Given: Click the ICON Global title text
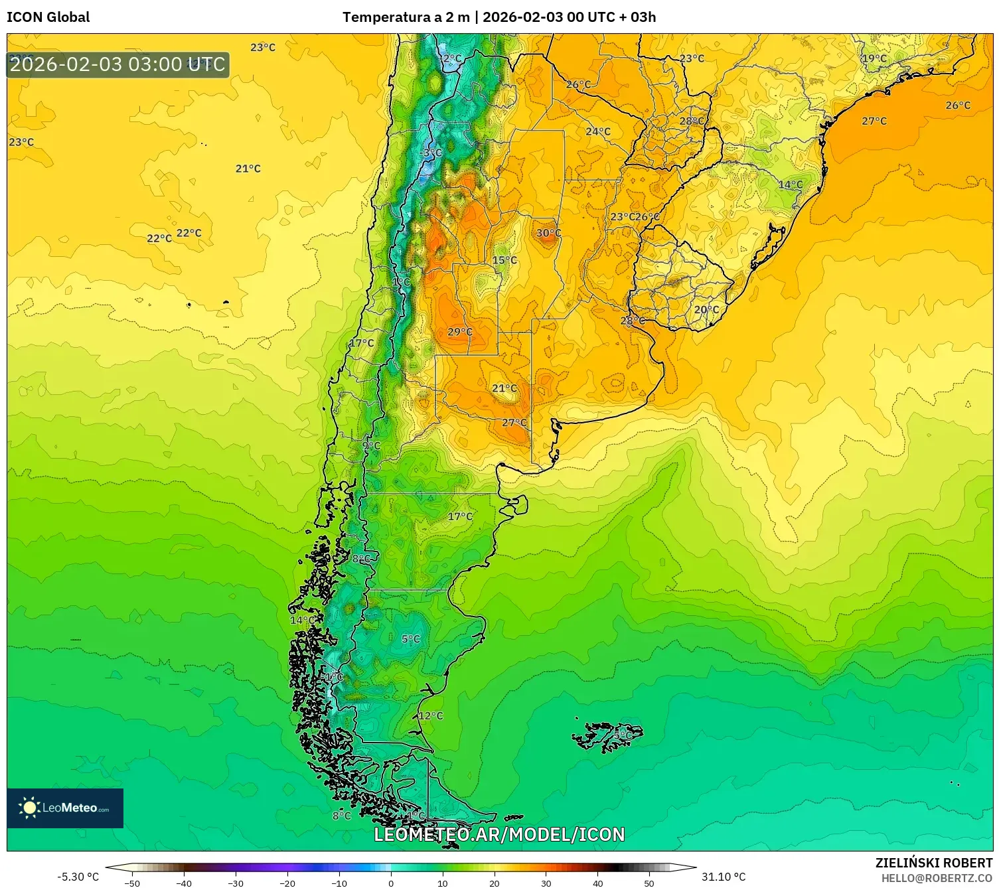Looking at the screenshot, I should point(48,17).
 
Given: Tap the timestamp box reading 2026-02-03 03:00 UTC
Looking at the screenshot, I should point(118,65).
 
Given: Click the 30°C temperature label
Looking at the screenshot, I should point(549,233).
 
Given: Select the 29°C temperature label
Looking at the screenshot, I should point(460,332).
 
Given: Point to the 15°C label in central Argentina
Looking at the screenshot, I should point(504,260).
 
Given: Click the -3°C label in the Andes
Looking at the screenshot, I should point(431,153).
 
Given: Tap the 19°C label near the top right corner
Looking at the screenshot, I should point(874,58).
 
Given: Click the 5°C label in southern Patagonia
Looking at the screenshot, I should point(411,639).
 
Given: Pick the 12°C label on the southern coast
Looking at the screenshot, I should point(431,715).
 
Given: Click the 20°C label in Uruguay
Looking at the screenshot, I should point(706,310).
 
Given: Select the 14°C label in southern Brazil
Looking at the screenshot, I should point(791,185).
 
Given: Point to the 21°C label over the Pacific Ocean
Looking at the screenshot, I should point(248,169).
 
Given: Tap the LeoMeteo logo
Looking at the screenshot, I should point(65,808).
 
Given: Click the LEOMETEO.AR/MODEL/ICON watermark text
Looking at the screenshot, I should point(499,834).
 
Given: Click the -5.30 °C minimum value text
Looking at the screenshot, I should point(78,877).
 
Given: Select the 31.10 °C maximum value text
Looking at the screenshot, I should point(724,877).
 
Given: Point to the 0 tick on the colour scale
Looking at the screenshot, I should point(391,883).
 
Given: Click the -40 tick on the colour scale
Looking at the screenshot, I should point(184,883).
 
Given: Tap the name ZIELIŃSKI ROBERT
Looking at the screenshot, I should point(933,863).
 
